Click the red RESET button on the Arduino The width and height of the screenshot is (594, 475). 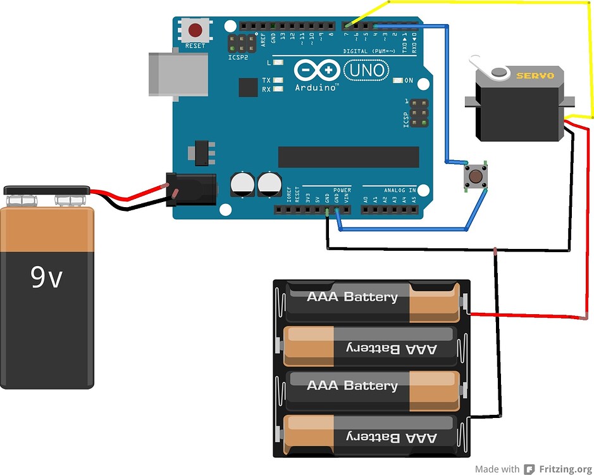195,30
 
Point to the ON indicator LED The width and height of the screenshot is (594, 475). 398,80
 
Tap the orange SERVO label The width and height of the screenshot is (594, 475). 535,75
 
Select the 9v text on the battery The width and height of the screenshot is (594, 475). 46,277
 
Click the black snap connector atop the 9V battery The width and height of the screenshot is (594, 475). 47,190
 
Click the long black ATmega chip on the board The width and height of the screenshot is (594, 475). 348,157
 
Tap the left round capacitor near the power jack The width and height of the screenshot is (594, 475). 242,184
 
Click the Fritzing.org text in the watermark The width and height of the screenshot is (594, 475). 565,469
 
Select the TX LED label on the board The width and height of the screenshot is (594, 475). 266,80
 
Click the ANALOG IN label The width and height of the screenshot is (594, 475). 399,190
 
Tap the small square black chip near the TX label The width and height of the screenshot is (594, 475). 248,87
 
